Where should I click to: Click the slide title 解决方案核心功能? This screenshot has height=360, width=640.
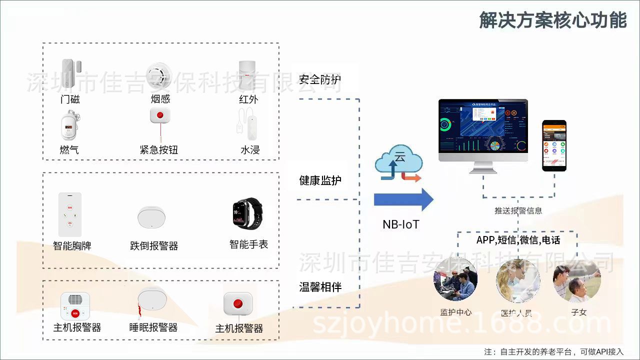[x=552, y=20]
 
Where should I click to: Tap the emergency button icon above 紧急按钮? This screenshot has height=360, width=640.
[x=160, y=116]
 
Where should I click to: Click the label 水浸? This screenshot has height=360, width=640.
[x=250, y=149]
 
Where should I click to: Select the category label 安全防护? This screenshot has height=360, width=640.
[x=320, y=79]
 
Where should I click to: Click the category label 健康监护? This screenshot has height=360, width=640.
[x=320, y=180]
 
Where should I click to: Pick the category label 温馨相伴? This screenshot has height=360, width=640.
[x=320, y=287]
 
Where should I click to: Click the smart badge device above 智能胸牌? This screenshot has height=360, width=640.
[x=69, y=214]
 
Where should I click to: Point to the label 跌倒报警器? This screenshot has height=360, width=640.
[x=154, y=245]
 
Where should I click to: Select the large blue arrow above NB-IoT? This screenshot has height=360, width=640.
[x=403, y=199]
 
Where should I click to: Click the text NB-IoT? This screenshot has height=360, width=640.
[x=400, y=224]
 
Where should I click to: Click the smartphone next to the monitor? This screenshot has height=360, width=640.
[x=554, y=145]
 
